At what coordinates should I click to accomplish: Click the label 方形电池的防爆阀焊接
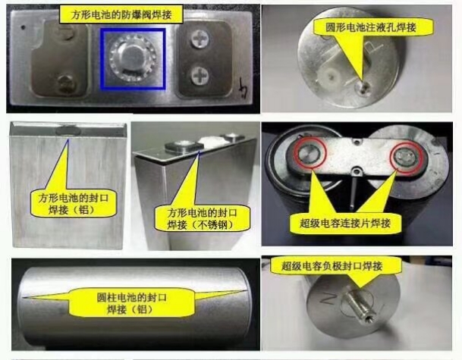coord(121,14)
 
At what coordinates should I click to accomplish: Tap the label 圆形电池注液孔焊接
coord(371,27)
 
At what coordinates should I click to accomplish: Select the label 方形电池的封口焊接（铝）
coord(73,204)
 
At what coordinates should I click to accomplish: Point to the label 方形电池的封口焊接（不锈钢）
coord(202,219)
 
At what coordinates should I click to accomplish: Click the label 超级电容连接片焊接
coord(345,223)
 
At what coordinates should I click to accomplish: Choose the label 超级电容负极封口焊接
coord(332,266)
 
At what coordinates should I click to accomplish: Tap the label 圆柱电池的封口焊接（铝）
coord(131,303)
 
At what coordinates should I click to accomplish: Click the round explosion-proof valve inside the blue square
coord(132,58)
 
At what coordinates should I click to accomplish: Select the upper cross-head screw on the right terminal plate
coord(200,39)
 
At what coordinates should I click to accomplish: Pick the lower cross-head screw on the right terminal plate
coord(200,75)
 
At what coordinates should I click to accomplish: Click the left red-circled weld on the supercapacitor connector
coord(310,153)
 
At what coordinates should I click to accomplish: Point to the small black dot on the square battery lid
coord(23,28)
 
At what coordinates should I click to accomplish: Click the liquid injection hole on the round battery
coord(363,88)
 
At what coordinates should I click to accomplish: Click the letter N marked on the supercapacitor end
coord(328,298)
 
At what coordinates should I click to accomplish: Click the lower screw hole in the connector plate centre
coord(357,171)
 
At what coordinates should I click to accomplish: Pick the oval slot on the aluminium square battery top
coord(68,130)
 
